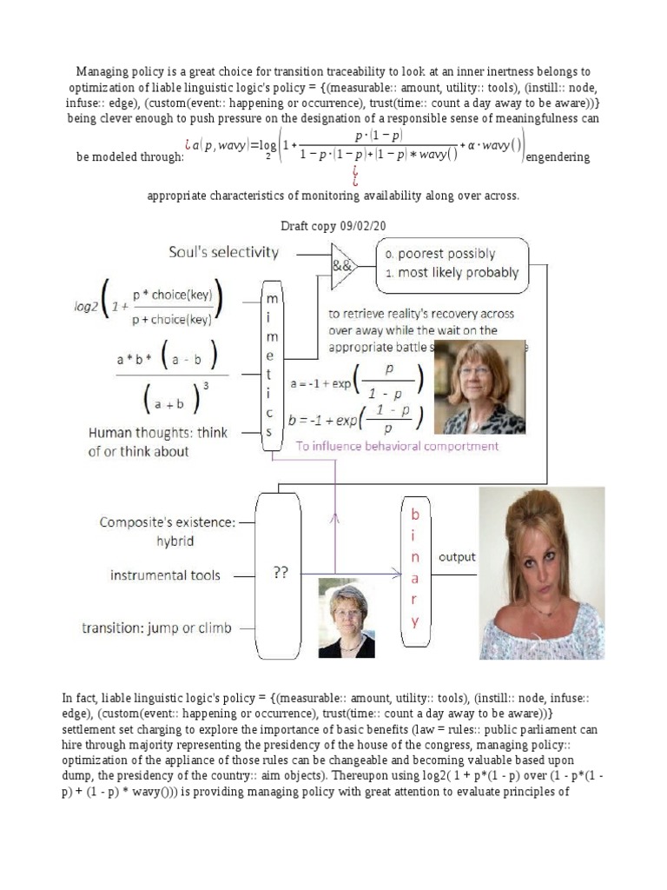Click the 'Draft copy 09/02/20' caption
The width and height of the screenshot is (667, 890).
point(333,225)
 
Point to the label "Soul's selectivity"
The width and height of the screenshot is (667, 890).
point(223,253)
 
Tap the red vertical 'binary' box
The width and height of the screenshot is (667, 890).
point(415,569)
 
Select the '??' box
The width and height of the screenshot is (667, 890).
point(280,574)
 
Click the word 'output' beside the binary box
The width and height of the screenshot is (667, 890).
point(457,557)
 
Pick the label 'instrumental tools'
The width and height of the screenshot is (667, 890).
point(165,575)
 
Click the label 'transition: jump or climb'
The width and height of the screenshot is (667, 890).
point(156,628)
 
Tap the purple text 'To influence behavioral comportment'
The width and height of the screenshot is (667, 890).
point(398,446)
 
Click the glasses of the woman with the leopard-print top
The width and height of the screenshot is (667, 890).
point(476,370)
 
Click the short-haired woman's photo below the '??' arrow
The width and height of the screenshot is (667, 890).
point(347,618)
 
